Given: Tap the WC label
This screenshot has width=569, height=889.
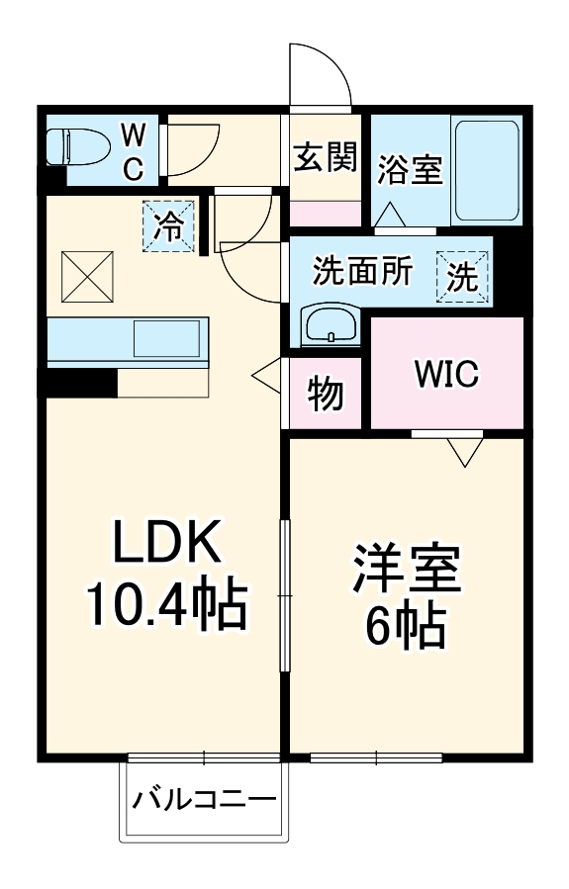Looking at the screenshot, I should point(133,150).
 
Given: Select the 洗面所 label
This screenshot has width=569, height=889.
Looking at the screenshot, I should point(363,270).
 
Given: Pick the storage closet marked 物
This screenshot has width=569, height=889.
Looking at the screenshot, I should point(326,394).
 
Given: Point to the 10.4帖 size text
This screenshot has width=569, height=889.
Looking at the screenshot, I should point(164,605).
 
